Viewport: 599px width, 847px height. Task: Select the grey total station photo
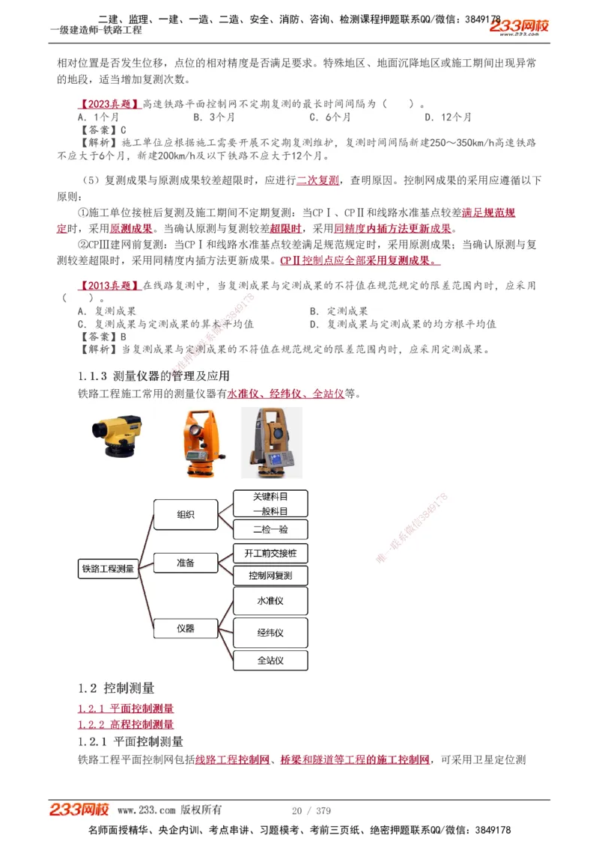click(x=271, y=442)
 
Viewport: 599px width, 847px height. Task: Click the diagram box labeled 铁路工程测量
click(x=108, y=569)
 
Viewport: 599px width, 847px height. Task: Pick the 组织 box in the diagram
click(x=185, y=515)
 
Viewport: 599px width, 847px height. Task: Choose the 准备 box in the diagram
click(x=185, y=563)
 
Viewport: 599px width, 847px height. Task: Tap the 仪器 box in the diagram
click(x=185, y=629)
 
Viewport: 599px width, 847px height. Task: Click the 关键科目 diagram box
click(x=270, y=496)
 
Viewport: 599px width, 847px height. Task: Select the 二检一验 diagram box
click(x=270, y=530)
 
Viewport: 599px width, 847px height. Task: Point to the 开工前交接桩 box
click(x=270, y=554)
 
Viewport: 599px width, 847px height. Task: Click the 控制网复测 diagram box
click(x=270, y=575)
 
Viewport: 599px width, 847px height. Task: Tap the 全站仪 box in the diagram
click(x=270, y=660)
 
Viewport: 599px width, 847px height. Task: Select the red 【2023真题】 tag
click(x=109, y=103)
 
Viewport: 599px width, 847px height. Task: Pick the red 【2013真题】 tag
click(x=109, y=286)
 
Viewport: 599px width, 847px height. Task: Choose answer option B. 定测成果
click(x=338, y=311)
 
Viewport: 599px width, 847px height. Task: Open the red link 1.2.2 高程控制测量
click(x=126, y=724)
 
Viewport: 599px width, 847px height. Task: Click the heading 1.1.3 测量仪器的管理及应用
click(x=153, y=376)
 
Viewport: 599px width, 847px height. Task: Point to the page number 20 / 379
click(x=311, y=810)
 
